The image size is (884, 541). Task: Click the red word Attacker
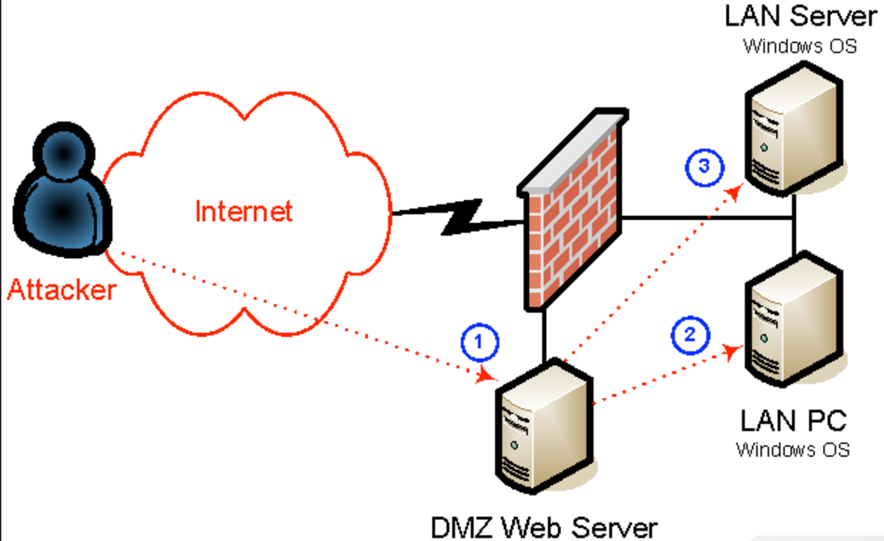coord(62,290)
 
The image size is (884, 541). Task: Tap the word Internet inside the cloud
coord(243,211)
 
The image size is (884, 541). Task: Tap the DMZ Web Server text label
coord(543,527)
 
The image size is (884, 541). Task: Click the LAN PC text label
coord(793,420)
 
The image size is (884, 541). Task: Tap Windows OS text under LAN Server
coord(800,46)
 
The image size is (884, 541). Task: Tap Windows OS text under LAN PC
coord(793,450)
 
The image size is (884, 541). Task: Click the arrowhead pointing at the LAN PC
coord(731,351)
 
